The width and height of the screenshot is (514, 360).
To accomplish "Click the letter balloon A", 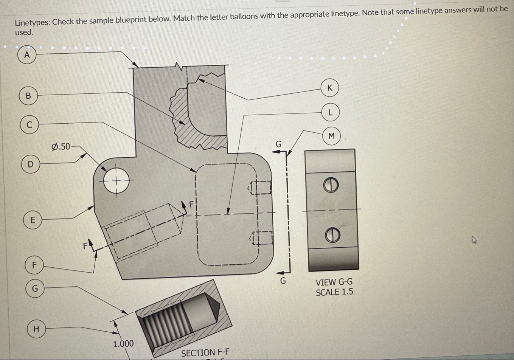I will pos(26,55).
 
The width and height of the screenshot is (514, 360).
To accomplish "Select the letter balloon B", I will pos(28,96).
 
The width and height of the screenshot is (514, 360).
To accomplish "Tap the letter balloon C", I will pos(29,125).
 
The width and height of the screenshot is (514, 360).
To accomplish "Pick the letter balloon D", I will pos(31,164).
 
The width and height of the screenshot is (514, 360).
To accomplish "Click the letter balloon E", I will pos(33,220).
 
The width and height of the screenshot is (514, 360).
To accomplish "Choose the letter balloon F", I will pos(34,265).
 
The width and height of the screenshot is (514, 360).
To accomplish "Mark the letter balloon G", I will pos(35,289).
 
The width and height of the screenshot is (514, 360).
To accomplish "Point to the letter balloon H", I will pos(36,329).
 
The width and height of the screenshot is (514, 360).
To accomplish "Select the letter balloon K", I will pos(330,88).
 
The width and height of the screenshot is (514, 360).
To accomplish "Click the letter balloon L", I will pos(331,112).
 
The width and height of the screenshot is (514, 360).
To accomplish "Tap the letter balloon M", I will pos(332,136).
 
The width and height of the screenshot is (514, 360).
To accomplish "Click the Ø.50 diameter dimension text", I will pos(61,146).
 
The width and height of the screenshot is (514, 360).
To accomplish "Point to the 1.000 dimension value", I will pos(124,344).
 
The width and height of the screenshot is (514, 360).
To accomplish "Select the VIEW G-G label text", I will pos(334,282).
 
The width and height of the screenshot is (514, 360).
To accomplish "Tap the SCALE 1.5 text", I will pos(334,292).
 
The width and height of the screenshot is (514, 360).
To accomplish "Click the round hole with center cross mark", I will pos(116,181).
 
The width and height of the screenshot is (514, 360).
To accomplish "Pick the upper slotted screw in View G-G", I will pos(331,185).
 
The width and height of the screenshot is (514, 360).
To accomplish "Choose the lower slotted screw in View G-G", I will pos(332,235).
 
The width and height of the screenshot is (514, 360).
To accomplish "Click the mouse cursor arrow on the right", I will pos(474,240).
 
